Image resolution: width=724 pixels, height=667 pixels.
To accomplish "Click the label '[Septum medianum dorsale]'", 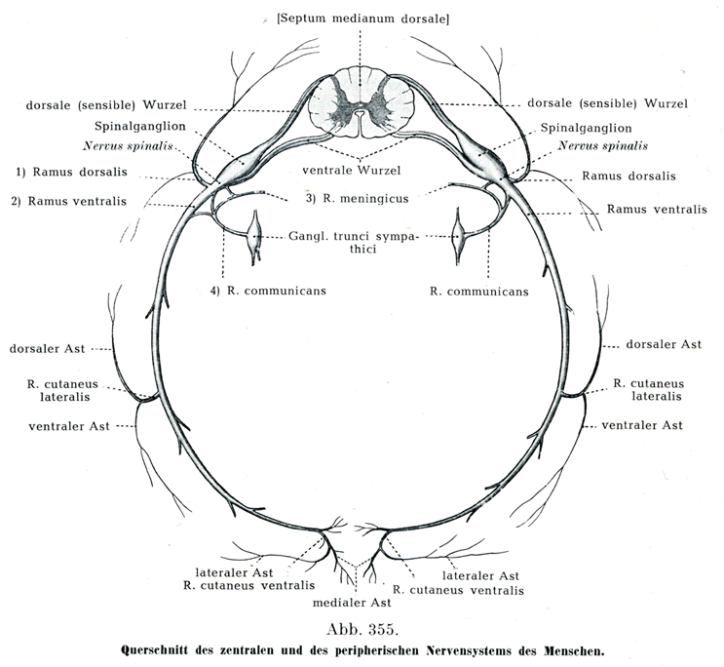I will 362,19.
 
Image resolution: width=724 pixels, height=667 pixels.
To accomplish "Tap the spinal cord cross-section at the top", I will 359,102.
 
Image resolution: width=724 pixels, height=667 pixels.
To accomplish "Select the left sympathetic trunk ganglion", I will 256,236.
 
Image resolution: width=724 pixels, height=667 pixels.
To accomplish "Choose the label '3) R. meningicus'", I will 355,199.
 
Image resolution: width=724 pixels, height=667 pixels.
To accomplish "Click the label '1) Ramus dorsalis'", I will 74,174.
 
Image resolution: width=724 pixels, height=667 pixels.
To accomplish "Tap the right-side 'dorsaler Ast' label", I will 663,344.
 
